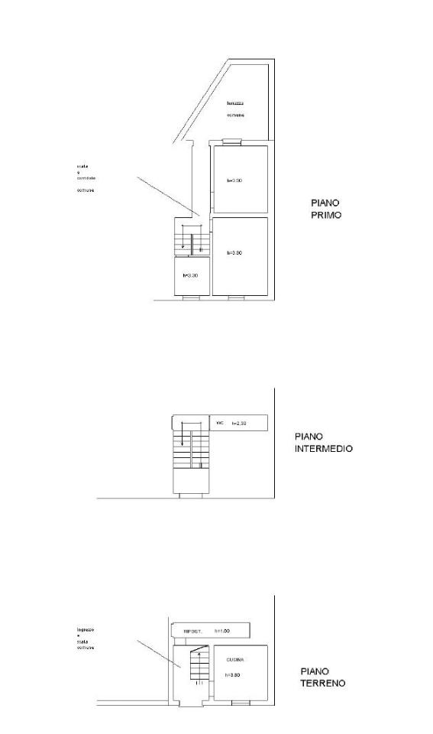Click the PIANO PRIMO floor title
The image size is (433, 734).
[x=325, y=209]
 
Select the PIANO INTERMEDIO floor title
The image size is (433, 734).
[x=323, y=443]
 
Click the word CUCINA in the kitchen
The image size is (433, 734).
[x=235, y=659]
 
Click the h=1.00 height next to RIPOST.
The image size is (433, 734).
[x=222, y=631]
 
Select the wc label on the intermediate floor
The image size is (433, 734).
[x=220, y=422]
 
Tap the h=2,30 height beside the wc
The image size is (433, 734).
[x=240, y=423]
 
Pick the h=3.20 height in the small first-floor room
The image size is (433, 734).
[x=190, y=275]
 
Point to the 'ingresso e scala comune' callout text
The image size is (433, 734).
[x=85, y=638]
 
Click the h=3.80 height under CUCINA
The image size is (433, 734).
[x=234, y=676]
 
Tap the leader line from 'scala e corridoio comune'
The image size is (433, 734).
[x=168, y=196]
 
